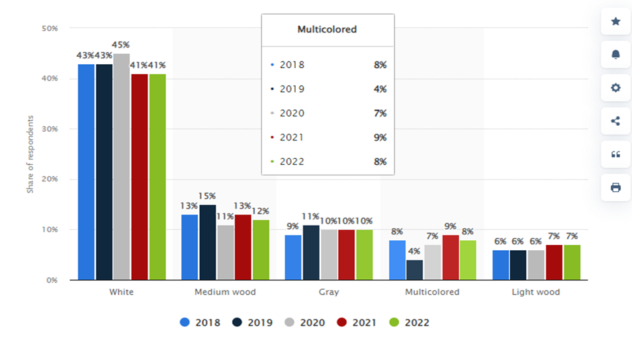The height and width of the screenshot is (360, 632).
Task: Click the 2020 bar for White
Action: click(121, 166)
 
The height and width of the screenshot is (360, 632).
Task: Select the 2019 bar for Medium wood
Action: click(208, 242)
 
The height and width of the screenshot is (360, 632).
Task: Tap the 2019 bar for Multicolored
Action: click(415, 269)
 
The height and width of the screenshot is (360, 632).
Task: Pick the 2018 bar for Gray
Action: click(293, 257)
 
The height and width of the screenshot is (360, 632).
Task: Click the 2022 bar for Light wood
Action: click(572, 262)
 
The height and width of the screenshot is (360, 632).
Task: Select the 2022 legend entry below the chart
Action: click(410, 322)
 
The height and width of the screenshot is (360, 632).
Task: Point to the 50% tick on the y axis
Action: click(50, 28)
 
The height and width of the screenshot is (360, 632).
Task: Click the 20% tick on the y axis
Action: click(50, 179)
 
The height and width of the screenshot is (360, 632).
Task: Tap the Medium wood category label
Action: click(225, 292)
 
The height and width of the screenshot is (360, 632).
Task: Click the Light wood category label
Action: click(535, 292)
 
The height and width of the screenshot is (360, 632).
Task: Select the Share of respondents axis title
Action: click(30, 154)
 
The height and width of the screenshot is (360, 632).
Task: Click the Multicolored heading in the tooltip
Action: click(327, 29)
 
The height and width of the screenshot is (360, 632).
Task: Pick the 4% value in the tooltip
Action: click(380, 89)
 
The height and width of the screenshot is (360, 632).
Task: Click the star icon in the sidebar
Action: click(615, 21)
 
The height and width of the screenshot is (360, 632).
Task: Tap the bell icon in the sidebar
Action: click(615, 54)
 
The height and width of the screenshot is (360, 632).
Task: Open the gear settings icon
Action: click(615, 87)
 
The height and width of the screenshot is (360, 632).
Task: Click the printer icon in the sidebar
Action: click(615, 187)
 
